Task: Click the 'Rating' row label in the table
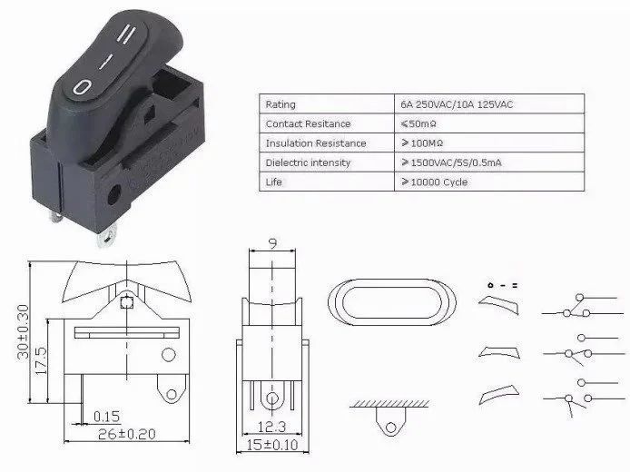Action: click(x=281, y=104)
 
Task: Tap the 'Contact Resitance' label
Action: click(x=308, y=123)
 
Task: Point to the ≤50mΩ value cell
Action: click(x=423, y=123)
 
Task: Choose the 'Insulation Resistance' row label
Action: click(x=315, y=143)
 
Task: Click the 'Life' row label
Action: click(x=273, y=182)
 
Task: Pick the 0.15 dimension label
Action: click(x=106, y=416)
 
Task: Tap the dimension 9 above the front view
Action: click(x=275, y=241)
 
